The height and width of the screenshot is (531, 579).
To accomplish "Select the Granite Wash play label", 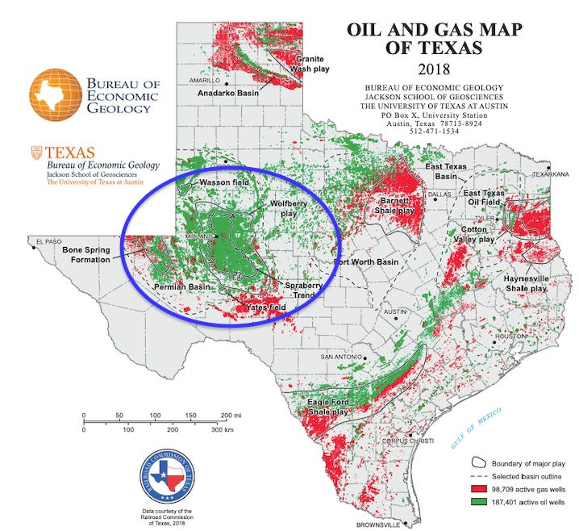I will tap(310, 65).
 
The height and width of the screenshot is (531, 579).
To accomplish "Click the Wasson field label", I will tap(227, 183).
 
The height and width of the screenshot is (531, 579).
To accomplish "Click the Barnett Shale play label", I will tap(394, 205).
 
